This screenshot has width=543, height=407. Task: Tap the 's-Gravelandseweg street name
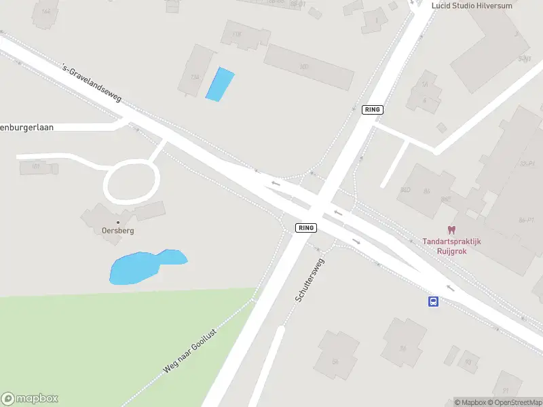click(91, 83)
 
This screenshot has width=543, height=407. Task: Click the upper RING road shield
click(373, 110)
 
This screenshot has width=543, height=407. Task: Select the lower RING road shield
click(306, 228)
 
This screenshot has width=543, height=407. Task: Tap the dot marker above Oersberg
click(117, 222)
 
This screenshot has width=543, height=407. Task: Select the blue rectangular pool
click(219, 85)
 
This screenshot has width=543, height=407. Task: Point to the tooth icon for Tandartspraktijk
click(452, 231)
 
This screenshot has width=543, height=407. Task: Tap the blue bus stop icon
click(432, 301)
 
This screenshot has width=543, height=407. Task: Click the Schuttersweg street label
click(309, 279)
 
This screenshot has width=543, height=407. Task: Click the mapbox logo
click(30, 399)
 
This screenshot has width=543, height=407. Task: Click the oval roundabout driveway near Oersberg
click(131, 182)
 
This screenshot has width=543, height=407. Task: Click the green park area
click(102, 346)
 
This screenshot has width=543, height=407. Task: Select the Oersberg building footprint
click(102, 216)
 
